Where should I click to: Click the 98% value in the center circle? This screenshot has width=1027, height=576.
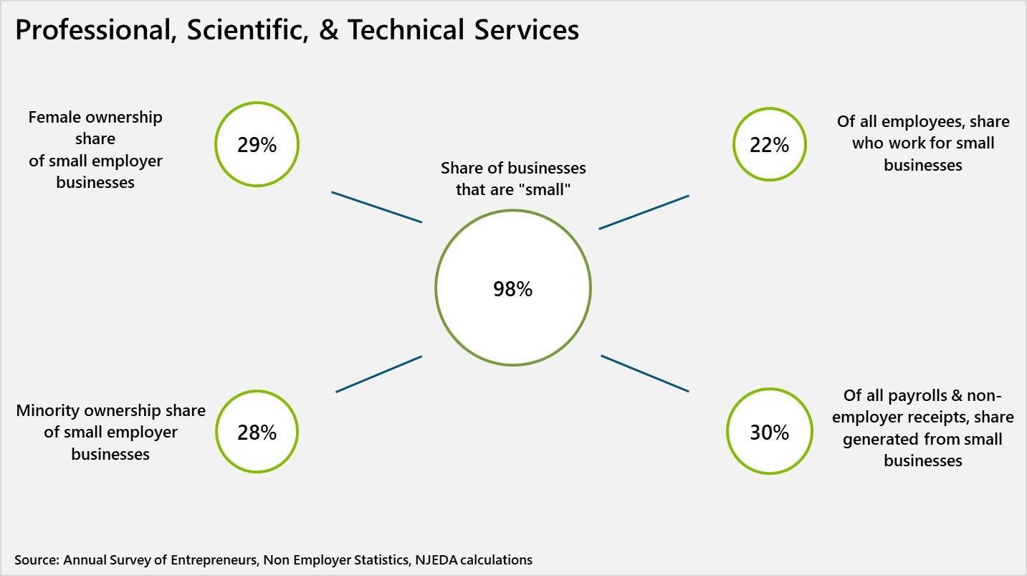coord(512,289)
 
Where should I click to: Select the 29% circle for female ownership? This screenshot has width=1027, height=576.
coord(257,145)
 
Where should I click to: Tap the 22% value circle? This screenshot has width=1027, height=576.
coord(769,145)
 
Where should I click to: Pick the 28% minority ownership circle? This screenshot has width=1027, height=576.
coord(257,433)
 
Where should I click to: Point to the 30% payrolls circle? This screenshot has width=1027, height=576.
coord(769,433)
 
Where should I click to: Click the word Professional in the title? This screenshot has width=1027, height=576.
coord(92,31)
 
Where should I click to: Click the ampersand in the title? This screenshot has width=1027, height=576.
coord(328,31)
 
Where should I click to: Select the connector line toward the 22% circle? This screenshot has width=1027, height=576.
coord(644,212)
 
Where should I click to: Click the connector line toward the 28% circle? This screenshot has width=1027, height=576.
coord(378,374)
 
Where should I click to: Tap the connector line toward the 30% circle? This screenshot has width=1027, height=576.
coord(644,373)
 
